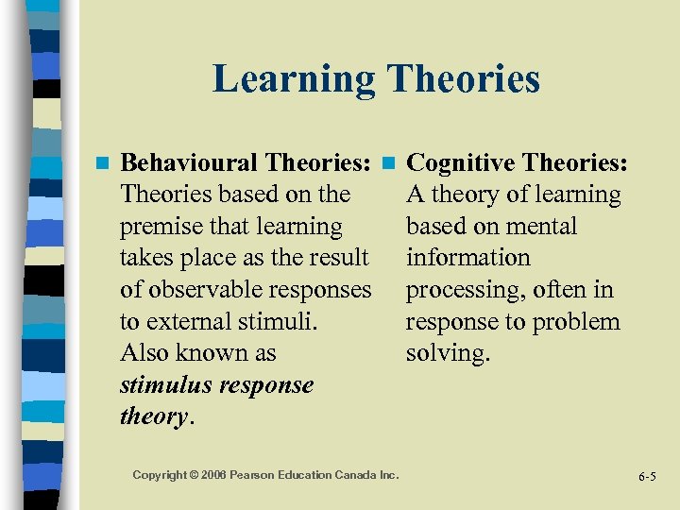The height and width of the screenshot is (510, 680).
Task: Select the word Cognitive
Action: point(462,162)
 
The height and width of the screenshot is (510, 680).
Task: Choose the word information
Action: point(468,258)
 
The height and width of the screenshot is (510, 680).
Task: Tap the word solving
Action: point(448,353)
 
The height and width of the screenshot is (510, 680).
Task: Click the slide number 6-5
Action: point(646,476)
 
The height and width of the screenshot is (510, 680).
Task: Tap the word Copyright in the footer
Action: point(160,475)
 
